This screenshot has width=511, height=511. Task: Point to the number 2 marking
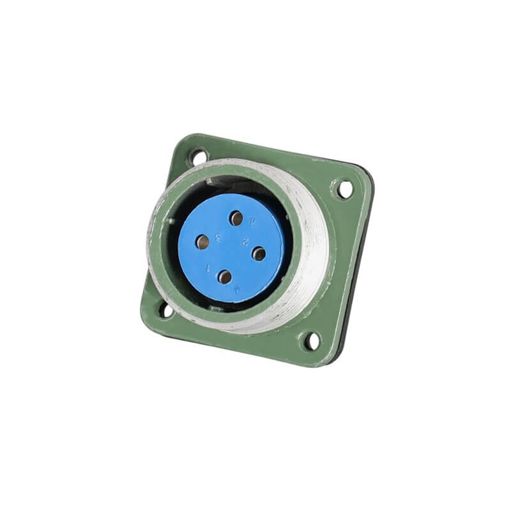pos(245,243)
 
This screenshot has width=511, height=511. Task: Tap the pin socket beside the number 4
pos(236,219)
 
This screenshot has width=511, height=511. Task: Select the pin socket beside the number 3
pos(202,241)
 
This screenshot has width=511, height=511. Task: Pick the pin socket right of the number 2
pos(259,254)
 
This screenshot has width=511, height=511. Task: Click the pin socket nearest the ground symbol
pos(224,277)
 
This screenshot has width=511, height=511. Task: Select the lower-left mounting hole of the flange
pos(165,310)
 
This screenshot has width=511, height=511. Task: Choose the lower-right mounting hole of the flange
pos(311,341)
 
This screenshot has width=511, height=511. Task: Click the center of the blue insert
pos(231,248)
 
